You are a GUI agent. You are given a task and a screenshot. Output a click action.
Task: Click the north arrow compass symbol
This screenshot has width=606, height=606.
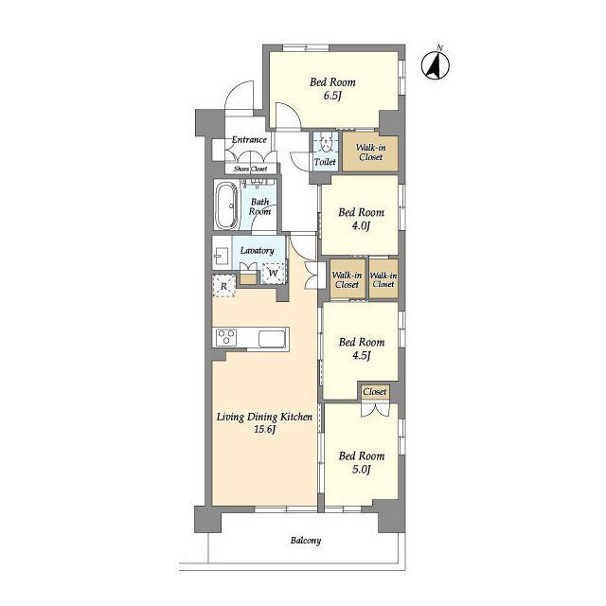[x=436, y=65]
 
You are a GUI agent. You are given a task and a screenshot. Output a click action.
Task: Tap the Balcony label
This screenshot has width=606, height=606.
[x=306, y=541]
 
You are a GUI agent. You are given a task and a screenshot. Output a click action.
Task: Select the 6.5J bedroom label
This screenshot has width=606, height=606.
[x=332, y=89]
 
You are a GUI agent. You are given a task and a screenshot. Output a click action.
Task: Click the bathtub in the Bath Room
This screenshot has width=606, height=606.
[x=227, y=205]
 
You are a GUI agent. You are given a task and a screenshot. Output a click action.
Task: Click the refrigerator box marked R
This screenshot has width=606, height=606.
[x=223, y=286]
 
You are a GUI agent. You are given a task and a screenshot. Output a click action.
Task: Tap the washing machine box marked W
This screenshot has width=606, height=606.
[x=274, y=274]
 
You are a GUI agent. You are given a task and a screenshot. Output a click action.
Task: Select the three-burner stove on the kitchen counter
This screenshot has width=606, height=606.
[x=226, y=337]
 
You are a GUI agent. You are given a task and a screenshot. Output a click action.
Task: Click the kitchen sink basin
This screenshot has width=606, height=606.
[x=272, y=339]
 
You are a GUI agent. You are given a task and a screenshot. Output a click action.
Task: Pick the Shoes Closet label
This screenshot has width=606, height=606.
[x=250, y=169]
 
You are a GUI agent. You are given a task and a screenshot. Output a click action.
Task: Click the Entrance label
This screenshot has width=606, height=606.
[x=249, y=139]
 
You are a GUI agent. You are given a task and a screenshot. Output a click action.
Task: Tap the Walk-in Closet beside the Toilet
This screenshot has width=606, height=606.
[x=370, y=152]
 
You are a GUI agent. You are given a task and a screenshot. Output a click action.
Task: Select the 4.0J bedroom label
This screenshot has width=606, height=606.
[x=362, y=219]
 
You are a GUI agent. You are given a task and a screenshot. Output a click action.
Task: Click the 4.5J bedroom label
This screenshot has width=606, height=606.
[x=362, y=348]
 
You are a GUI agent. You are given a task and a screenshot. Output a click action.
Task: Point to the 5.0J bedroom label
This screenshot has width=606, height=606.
[x=362, y=463]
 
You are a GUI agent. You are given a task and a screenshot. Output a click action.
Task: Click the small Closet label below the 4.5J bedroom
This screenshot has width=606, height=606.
[x=375, y=391]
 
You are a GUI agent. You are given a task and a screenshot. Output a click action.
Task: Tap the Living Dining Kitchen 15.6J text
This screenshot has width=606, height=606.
[x=264, y=423]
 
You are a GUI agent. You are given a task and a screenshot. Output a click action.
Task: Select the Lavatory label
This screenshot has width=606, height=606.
[x=257, y=250]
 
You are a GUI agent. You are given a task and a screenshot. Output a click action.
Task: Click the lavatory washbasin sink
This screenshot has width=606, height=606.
[x=222, y=256]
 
